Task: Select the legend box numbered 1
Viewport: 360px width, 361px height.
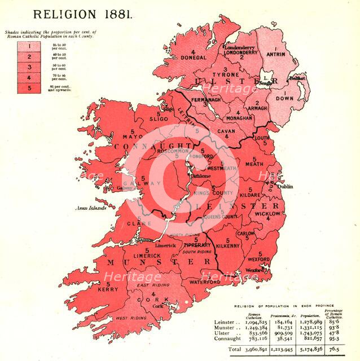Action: coord(22,44)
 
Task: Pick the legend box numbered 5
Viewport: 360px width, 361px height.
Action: coord(22,87)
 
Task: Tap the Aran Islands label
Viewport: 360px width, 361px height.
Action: coord(91,209)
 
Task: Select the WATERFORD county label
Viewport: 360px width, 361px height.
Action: coord(204,281)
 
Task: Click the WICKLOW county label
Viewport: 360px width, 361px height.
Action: coord(267,214)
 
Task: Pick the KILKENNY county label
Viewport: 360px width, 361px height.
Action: coord(230,246)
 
